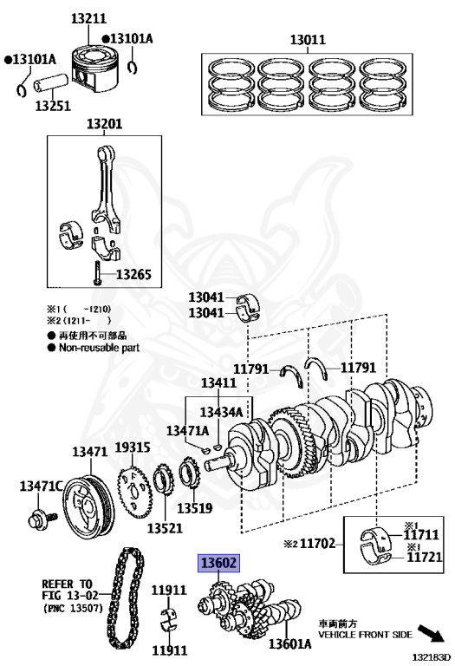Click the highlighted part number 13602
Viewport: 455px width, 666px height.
tap(218, 563)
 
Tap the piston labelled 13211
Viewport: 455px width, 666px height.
tap(94, 69)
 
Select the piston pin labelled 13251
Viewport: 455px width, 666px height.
tap(51, 83)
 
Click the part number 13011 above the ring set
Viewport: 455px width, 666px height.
tap(308, 40)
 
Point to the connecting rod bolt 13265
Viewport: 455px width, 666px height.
tap(97, 272)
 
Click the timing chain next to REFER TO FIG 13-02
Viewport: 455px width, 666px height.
tap(125, 598)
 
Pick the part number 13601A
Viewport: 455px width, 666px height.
tap(289, 644)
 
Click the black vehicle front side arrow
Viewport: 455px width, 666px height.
tap(431, 633)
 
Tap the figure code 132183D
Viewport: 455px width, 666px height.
tap(431, 658)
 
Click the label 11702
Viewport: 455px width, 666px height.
tap(318, 543)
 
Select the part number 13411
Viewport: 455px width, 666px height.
tap(218, 382)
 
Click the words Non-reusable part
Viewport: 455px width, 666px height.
tap(99, 348)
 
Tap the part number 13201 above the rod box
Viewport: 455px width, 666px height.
tap(104, 124)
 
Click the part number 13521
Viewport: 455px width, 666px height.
tap(165, 528)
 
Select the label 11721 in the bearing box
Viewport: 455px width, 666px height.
tap(425, 557)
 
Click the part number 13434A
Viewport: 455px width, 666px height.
tap(221, 412)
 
